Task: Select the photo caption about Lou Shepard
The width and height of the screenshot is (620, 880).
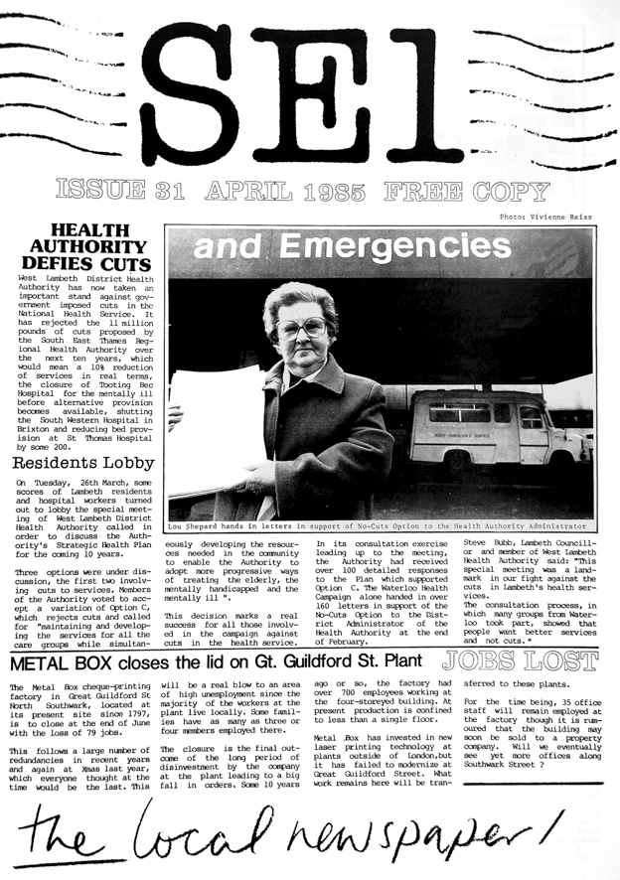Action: coord(378,526)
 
